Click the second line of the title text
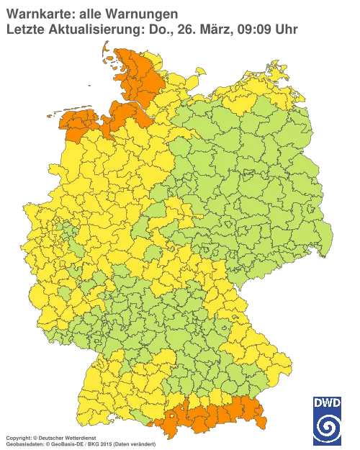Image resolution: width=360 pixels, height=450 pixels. pos(151,29)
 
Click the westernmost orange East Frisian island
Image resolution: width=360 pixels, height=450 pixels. pos(52,114)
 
